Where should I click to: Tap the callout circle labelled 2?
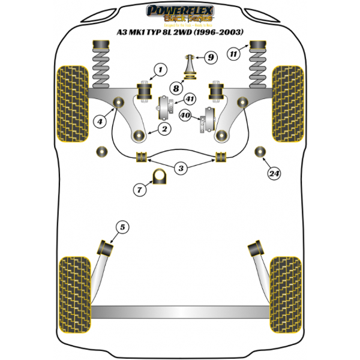click(164, 128)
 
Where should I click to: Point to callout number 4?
click(101, 122)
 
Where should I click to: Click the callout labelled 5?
click(122, 227)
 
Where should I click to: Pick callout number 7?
click(140, 190)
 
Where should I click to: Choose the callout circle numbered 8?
click(176, 88)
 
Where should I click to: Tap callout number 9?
click(209, 58)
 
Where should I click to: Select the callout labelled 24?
click(275, 174)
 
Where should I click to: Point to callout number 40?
click(185, 115)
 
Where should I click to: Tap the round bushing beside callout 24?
click(260, 151)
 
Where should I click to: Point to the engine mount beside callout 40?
click(210, 119)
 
